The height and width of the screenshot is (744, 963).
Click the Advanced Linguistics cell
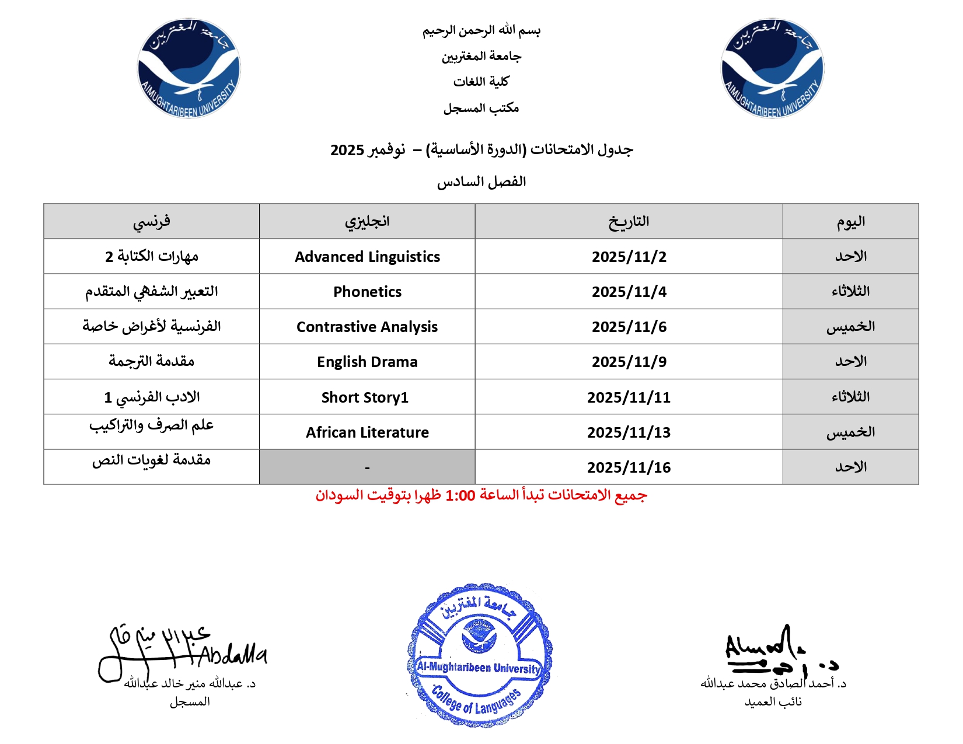pyautogui.click(x=367, y=257)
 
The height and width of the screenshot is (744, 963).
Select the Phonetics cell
pyautogui.click(x=367, y=292)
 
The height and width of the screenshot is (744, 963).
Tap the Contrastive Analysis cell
pyautogui.click(x=367, y=327)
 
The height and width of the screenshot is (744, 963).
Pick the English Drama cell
pyautogui.click(x=367, y=362)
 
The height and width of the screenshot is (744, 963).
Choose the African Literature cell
pyautogui.click(x=367, y=432)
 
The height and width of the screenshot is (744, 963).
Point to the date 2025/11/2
pyautogui.click(x=629, y=257)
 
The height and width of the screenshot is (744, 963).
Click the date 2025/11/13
pyautogui.click(x=629, y=432)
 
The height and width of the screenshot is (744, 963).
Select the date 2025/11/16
pyautogui.click(x=629, y=467)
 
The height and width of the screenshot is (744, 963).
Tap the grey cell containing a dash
pyautogui.click(x=367, y=467)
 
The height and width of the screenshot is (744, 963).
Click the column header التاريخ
pyautogui.click(x=629, y=221)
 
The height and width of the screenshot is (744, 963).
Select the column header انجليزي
pyautogui.click(x=367, y=221)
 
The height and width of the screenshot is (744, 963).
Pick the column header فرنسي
pyautogui.click(x=151, y=221)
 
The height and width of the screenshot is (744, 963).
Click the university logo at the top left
pyautogui.click(x=189, y=68)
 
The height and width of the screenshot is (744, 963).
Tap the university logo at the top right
pyautogui.click(x=772, y=68)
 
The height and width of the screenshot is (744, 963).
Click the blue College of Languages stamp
pyautogui.click(x=480, y=655)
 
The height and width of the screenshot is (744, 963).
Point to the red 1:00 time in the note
pyautogui.click(x=460, y=496)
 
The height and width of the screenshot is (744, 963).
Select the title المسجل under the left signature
pyautogui.click(x=190, y=702)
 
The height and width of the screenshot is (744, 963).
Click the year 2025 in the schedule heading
pyautogui.click(x=347, y=150)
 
